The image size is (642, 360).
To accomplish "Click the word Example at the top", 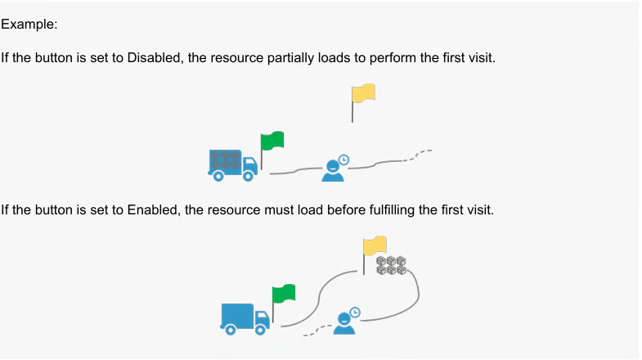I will (29, 25).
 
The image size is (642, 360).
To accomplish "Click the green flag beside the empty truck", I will (284, 294).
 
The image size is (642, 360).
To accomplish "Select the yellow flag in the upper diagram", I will (364, 92).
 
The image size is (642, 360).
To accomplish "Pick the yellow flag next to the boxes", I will (375, 245).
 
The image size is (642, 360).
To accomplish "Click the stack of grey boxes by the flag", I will (391, 265).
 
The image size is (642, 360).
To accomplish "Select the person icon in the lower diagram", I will (343, 322).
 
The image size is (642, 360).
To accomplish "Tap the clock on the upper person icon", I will (344, 160).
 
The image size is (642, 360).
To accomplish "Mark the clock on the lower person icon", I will (355, 312).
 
